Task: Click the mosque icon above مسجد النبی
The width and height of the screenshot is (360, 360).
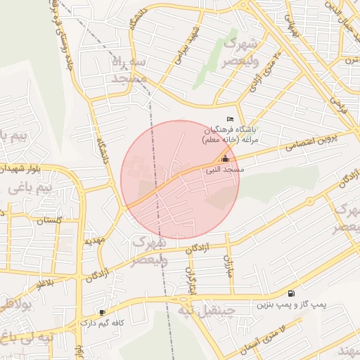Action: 225,159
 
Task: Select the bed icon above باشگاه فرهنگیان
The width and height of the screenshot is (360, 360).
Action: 229,119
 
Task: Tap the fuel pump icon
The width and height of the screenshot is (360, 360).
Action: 291,293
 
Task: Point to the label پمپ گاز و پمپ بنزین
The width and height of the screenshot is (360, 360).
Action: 290,305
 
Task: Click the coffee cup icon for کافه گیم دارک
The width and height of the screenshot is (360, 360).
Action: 103,312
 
